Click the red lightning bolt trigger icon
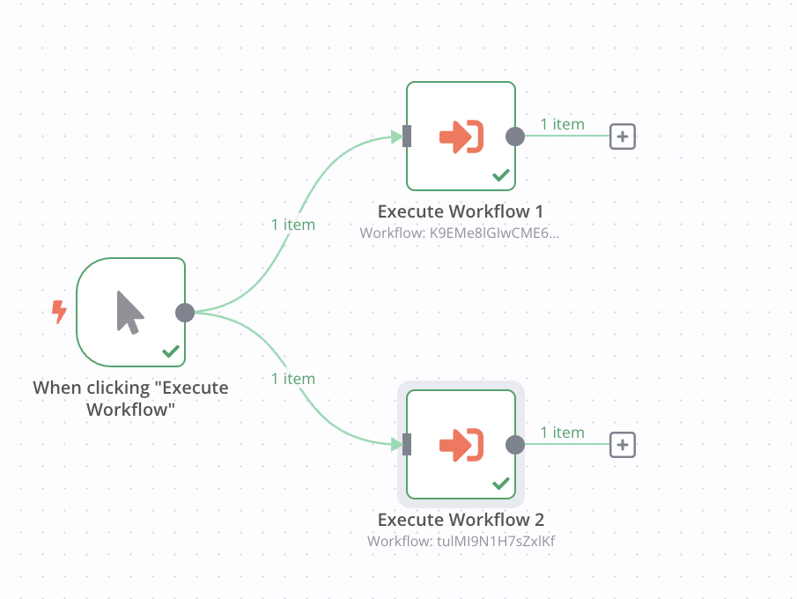59,311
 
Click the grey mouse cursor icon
129,313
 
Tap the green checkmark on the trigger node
171,351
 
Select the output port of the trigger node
185,312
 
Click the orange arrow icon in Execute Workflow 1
461,137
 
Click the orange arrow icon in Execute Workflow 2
461,445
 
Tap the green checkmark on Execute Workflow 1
500,175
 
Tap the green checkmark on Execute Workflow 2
500,484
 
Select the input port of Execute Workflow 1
407,137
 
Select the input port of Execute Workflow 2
407,445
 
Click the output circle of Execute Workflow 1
515,137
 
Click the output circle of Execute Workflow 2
515,445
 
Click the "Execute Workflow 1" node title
460,211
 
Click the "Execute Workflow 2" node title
460,520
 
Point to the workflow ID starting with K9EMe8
460,233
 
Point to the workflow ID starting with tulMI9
460,541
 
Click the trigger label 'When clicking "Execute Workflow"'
130,398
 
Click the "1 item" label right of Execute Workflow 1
562,124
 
